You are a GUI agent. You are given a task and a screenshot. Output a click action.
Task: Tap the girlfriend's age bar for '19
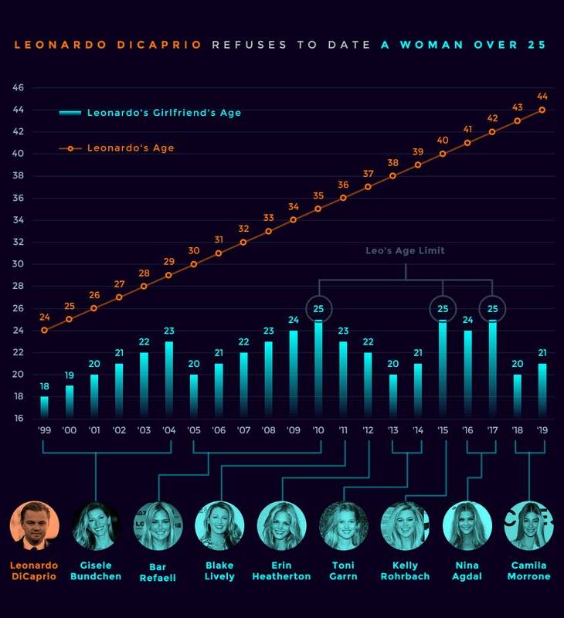coord(542,391)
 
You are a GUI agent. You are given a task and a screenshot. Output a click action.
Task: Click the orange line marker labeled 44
coord(542,110)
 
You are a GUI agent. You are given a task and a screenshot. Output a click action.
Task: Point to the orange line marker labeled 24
coord(45,330)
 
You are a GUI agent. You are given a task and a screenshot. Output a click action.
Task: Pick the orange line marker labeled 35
coord(318,209)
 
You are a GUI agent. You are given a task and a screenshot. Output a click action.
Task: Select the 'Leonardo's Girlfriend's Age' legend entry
coord(151,113)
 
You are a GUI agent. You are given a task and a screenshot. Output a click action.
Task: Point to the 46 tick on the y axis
coord(19,88)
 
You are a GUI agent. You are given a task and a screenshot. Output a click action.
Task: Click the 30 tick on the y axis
coord(19,264)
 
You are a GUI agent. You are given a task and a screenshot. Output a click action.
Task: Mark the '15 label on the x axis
coord(443,430)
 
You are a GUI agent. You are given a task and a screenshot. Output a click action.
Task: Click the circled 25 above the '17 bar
coord(492,309)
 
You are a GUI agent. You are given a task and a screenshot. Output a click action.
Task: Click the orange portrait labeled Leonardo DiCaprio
coord(35,526)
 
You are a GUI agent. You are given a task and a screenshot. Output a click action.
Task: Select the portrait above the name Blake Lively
coord(219,526)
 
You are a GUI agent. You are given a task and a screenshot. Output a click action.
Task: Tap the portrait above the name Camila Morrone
coord(529,526)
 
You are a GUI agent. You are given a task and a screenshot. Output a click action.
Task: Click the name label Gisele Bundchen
coord(97,571)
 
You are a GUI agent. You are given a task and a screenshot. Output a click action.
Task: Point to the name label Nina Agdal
coord(467,571)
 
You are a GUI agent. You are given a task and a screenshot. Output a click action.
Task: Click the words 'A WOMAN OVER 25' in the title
coord(464,45)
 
